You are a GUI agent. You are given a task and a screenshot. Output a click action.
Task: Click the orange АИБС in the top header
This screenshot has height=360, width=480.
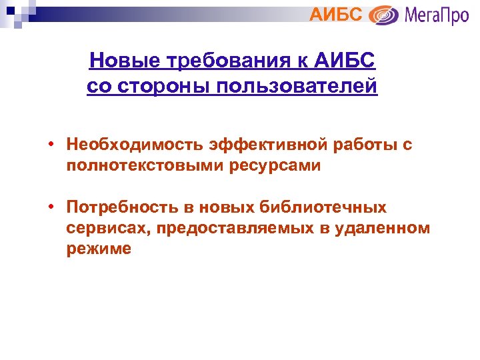pyautogui.click(x=337, y=14)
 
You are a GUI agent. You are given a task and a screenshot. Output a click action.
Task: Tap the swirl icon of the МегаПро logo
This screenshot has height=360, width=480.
pyautogui.click(x=383, y=15)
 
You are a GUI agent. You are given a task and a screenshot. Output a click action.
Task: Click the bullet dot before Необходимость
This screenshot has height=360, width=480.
pyautogui.click(x=51, y=145)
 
